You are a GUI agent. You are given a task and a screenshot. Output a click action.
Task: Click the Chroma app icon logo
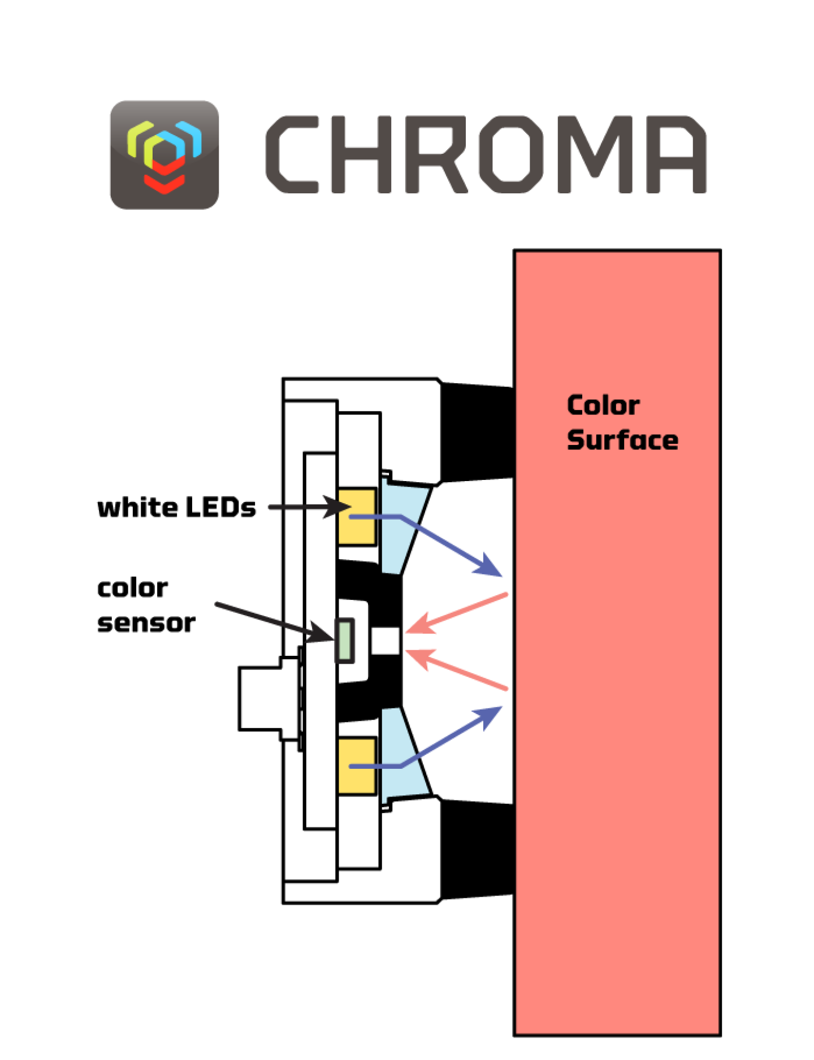(x=164, y=155)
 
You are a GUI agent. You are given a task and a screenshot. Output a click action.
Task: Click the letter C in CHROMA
(x=292, y=154)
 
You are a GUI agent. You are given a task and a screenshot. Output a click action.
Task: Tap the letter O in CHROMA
(x=510, y=154)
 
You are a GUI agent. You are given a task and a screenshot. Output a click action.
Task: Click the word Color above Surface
(x=603, y=405)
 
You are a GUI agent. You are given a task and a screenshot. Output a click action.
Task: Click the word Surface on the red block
(x=622, y=440)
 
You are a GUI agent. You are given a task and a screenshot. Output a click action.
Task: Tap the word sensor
(x=146, y=623)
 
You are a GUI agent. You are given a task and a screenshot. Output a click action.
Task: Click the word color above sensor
(x=132, y=589)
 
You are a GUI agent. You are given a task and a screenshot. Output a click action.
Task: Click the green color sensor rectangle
(x=345, y=641)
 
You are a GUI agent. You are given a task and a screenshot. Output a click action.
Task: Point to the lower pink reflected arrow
(x=458, y=670)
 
